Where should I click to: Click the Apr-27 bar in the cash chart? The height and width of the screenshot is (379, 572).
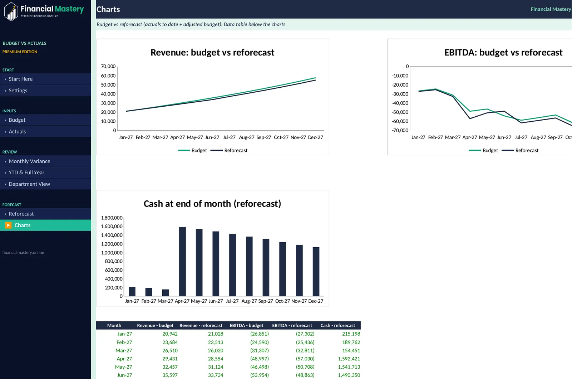pos(182,262)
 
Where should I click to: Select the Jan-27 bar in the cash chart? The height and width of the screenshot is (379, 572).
pos(132,292)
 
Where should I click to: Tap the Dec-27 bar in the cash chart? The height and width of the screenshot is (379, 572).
pos(316,272)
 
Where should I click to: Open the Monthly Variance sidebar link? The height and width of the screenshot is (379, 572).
pos(29,161)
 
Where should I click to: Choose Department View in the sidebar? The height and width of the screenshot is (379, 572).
pos(29,184)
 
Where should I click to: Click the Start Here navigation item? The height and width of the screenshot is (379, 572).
pos(21,79)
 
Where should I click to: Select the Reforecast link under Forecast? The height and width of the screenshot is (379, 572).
pos(21,214)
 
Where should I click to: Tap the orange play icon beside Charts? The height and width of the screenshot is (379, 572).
pos(8,225)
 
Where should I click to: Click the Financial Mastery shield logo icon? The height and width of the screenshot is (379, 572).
pos(11,11)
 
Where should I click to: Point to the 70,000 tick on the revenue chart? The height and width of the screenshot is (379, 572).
pos(108,67)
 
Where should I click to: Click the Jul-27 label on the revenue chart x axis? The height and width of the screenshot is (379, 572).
pos(229,137)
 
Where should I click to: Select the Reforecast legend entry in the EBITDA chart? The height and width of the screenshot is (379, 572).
pos(520,150)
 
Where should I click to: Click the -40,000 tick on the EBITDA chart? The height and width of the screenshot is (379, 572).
pos(400,103)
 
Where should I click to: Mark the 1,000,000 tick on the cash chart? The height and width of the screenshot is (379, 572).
pos(112,253)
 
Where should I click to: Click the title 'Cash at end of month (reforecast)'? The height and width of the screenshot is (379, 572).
pos(212,204)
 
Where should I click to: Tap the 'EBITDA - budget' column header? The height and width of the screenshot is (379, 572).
pos(246,325)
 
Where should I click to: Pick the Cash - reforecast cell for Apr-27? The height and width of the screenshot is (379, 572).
pos(349,359)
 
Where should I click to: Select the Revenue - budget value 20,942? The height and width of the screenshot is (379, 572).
pos(170,334)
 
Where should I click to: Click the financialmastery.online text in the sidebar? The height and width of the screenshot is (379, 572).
pos(23,253)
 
